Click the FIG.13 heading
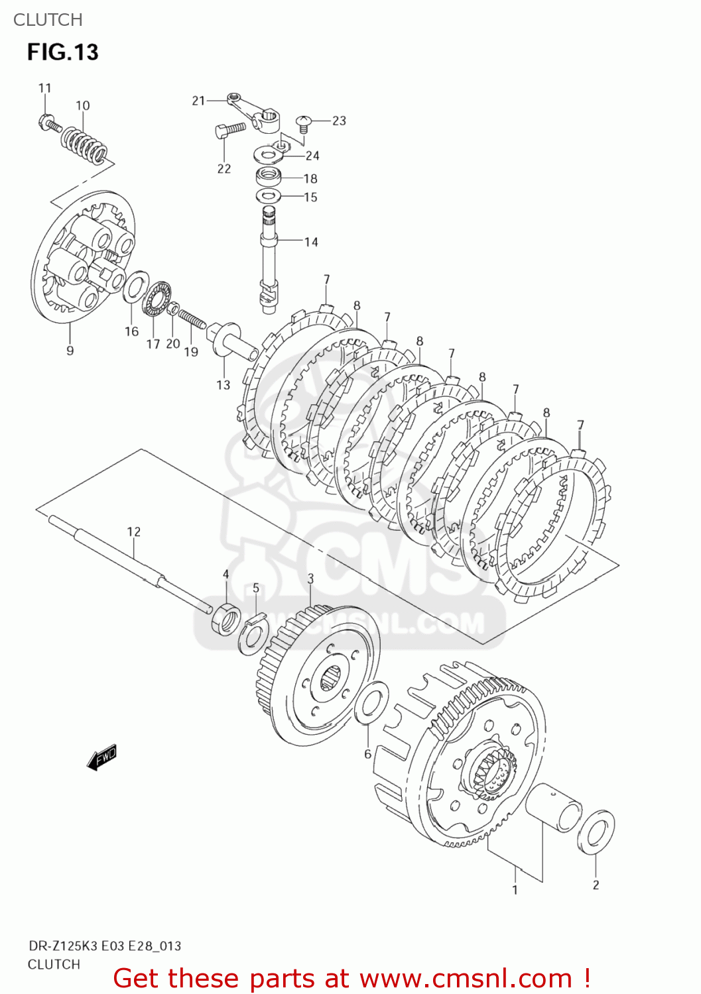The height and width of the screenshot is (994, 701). point(62,52)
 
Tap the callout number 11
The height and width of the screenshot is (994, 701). point(44,88)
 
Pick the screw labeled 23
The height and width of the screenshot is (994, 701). point(304,123)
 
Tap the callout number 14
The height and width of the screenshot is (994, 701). point(311,243)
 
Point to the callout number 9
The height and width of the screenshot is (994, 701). point(70,351)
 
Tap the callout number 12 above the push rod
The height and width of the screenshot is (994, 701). point(134,531)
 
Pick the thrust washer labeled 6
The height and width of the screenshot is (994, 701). point(371,702)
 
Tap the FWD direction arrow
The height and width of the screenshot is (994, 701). point(102,757)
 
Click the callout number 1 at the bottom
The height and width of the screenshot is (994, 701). point(515,890)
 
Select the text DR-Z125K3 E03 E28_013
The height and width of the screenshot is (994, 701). point(104,946)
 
